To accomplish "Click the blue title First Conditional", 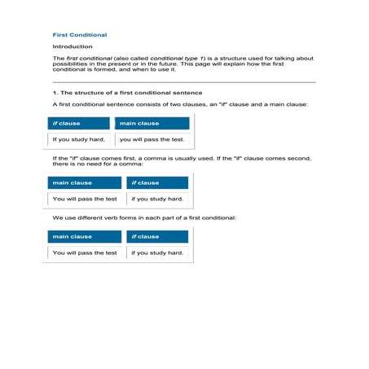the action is click(x=79, y=35).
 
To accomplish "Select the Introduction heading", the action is click(x=72, y=47).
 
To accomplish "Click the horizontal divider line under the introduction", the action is click(x=183, y=82).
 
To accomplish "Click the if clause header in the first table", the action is click(x=78, y=123).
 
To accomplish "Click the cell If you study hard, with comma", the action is click(x=78, y=139).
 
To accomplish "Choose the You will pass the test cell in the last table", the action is click(x=84, y=253).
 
